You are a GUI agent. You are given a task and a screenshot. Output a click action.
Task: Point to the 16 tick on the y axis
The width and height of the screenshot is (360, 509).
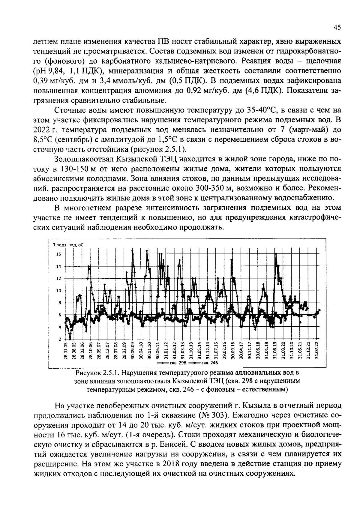pyautogui.click(x=58, y=254)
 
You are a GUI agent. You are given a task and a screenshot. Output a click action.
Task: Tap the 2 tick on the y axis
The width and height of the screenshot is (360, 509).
pyautogui.click(x=60, y=339)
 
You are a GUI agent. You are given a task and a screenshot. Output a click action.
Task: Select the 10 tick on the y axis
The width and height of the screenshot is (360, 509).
pyautogui.click(x=58, y=291)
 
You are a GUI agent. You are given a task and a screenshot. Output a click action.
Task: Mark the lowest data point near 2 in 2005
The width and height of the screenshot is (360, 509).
pyautogui.click(x=70, y=339)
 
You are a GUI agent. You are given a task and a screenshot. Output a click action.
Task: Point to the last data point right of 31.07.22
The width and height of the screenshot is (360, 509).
pyautogui.click(x=319, y=310)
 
